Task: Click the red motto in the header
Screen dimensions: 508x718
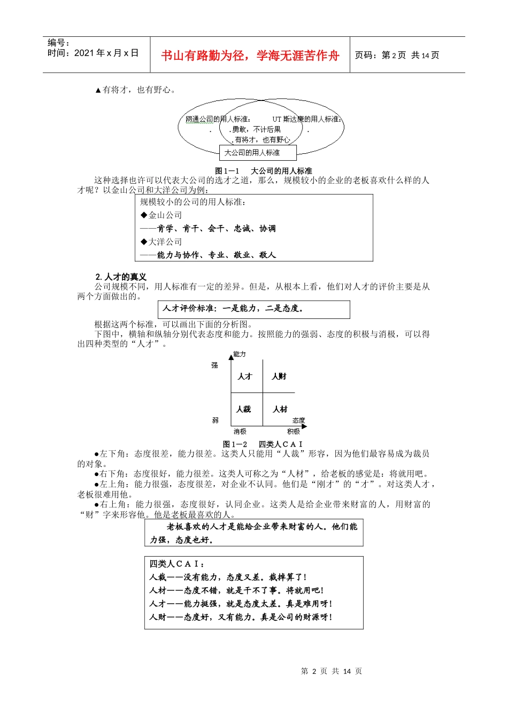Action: (250, 56)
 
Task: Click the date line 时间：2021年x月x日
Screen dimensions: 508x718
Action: (93, 53)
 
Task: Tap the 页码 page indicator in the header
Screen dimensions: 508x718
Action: (397, 55)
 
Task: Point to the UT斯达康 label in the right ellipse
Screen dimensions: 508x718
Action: (306, 119)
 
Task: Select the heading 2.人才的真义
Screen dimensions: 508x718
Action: (121, 277)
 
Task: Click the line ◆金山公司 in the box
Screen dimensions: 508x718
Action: (161, 215)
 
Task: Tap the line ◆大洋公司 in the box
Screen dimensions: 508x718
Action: (161, 241)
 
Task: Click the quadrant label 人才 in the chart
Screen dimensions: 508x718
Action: (245, 377)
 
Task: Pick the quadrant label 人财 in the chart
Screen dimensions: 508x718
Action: (279, 377)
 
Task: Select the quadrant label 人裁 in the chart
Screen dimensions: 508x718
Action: (244, 409)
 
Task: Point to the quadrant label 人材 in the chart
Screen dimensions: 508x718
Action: (280, 409)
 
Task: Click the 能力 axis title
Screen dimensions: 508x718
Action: (240, 354)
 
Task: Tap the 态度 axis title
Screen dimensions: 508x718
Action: (298, 420)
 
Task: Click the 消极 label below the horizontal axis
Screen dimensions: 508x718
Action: (240, 432)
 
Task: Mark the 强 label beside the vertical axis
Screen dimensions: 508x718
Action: (214, 365)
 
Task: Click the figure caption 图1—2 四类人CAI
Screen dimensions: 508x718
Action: (263, 444)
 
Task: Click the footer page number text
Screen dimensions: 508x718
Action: (332, 671)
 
